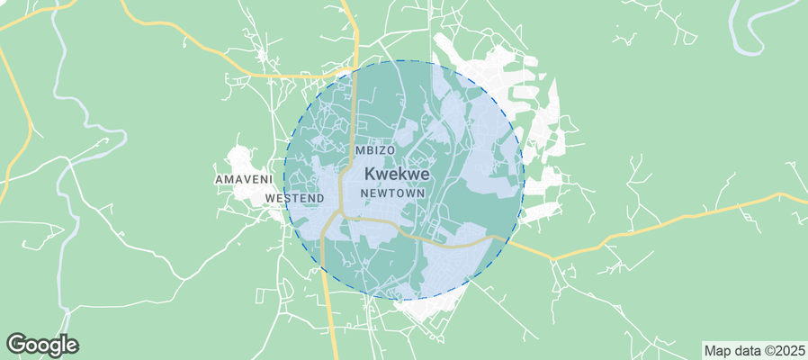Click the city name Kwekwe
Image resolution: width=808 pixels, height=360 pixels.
tap(397, 175)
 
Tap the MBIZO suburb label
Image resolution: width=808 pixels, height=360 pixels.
tap(375, 149)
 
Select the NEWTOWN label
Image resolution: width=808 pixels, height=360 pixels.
tap(391, 193)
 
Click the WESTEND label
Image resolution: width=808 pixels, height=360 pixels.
tap(295, 197)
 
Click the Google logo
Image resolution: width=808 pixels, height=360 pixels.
tap(42, 344)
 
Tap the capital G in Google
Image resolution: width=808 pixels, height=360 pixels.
tap(15, 344)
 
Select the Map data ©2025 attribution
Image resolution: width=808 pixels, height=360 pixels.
tap(753, 350)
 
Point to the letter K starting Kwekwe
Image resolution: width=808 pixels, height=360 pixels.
tap(370, 175)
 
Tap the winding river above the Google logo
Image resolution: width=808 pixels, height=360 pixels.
tap(63, 270)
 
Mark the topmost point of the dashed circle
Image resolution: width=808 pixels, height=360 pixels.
tap(403, 60)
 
